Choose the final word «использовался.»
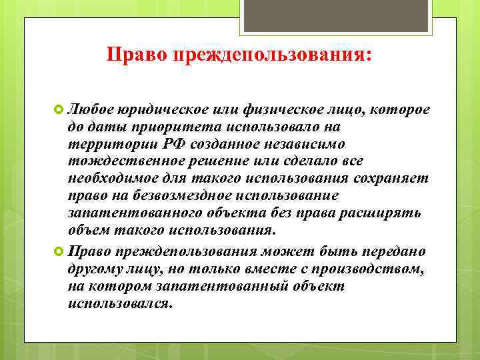coord(119,303)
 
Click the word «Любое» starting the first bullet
coord(91,109)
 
